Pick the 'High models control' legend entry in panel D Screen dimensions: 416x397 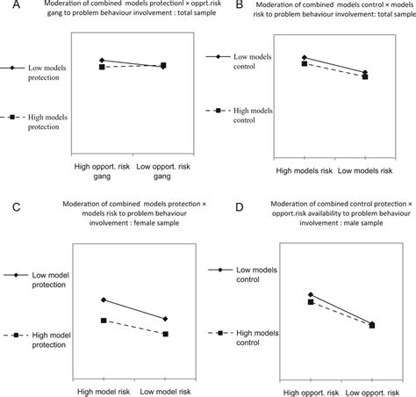[256, 338]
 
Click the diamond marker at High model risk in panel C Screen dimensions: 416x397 [104, 300]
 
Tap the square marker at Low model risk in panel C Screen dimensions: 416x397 [165, 334]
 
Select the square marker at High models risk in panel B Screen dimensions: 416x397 [304, 63]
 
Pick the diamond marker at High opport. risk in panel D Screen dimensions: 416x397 [311, 294]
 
